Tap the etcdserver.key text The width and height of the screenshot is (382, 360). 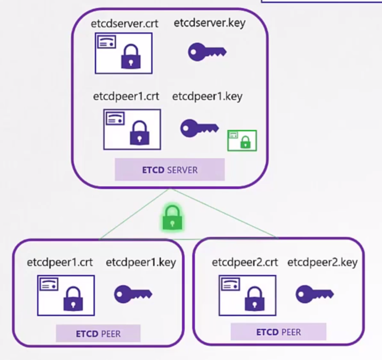coord(210,23)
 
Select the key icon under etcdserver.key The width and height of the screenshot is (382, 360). coord(207,52)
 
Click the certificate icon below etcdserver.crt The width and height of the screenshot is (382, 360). coord(124,54)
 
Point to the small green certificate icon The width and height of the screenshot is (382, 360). coord(242,140)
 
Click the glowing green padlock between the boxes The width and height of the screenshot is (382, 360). coord(172,217)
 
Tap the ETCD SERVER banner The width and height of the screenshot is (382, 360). coord(170,170)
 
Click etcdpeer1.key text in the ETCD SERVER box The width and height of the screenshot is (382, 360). coord(207,97)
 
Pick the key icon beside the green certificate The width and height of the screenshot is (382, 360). coord(199,128)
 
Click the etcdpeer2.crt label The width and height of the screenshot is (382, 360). coord(245,262)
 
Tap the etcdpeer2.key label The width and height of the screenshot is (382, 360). coord(322,262)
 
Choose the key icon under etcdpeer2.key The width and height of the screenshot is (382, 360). coord(314,294)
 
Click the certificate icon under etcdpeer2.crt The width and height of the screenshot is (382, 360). coord(247,295)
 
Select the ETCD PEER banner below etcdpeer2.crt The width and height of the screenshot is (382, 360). coord(278,332)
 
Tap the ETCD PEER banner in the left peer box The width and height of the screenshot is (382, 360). coord(98,333)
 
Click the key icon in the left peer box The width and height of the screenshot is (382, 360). coord(133,294)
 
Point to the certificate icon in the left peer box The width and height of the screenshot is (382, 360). coord(66,295)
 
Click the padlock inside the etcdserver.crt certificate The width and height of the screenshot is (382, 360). coord(130,57)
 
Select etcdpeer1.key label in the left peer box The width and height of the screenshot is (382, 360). coord(141,262)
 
